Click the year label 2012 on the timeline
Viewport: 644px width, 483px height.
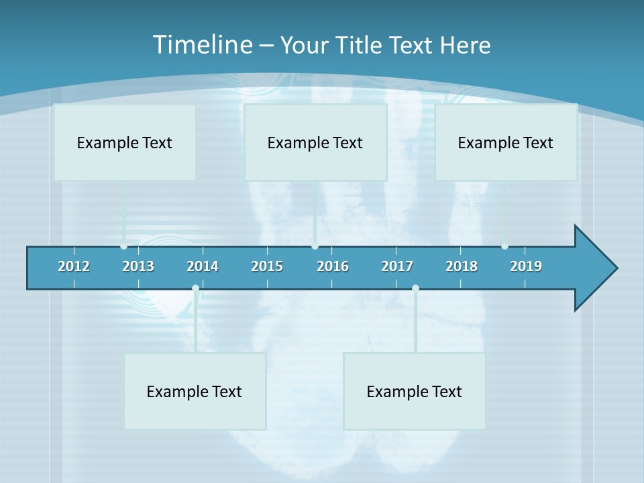(74, 266)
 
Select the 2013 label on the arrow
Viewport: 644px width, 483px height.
(138, 266)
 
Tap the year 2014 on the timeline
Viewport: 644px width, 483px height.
(203, 266)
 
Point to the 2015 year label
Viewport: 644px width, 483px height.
(267, 266)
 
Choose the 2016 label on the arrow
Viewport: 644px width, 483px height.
(333, 266)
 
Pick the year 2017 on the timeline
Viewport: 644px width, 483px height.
(397, 266)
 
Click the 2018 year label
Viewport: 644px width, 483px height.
(462, 266)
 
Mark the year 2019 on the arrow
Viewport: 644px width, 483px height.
(526, 266)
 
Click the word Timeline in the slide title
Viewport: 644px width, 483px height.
(202, 45)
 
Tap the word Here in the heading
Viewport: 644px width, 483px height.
(465, 45)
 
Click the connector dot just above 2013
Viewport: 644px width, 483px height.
(123, 246)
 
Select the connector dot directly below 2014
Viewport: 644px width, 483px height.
(195, 288)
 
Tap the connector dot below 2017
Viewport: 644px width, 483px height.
(415, 288)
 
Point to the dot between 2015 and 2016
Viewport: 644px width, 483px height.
(315, 246)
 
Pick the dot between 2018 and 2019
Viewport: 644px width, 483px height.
(504, 246)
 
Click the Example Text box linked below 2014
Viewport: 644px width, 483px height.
(195, 391)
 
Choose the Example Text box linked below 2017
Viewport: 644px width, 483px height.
(415, 391)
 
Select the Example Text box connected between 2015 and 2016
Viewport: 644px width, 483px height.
(315, 142)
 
